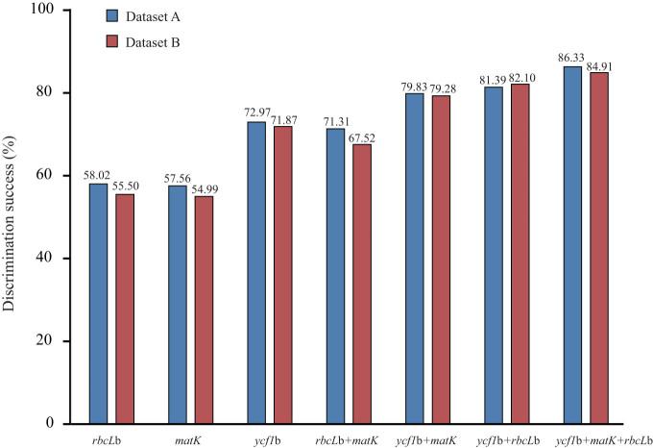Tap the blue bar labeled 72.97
point(256,272)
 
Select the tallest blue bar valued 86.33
point(572,244)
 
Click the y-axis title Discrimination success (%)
point(11,216)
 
